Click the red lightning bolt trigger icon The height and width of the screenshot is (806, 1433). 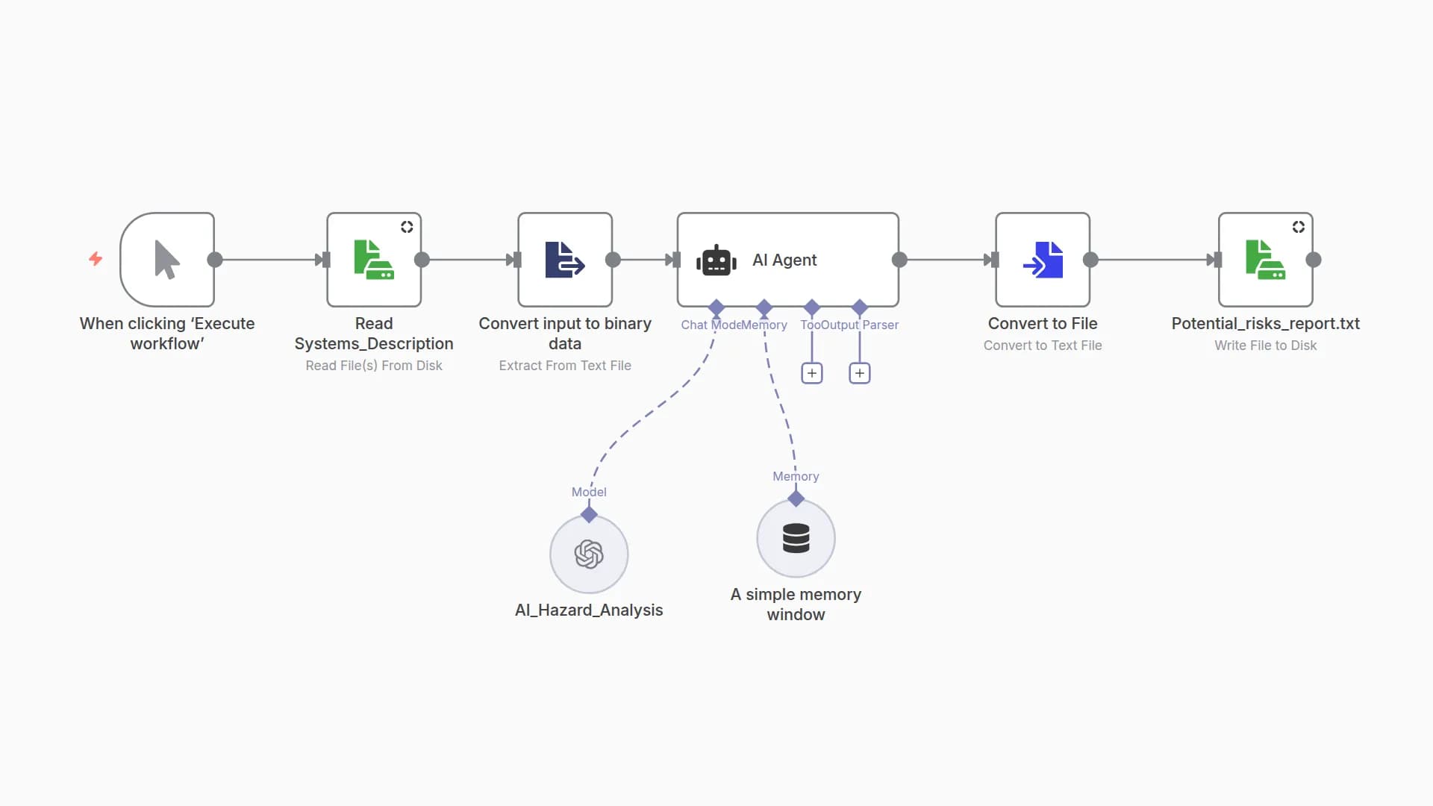(96, 259)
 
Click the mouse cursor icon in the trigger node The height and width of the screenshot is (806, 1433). (166, 260)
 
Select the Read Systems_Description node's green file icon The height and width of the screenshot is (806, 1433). (373, 260)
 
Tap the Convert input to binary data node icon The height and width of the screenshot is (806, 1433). (564, 260)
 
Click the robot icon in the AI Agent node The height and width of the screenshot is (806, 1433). (716, 260)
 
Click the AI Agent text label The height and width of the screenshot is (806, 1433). (784, 260)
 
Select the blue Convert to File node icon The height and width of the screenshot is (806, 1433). (1043, 260)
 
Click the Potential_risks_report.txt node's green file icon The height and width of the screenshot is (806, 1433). (1265, 260)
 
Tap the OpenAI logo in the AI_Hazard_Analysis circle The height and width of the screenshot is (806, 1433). (589, 554)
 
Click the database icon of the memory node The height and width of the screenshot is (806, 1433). (796, 538)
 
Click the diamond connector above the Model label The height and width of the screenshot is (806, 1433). (589, 514)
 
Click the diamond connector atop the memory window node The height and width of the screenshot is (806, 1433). (796, 499)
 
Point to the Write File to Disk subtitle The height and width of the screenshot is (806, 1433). (1265, 346)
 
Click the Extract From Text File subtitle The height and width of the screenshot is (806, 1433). (565, 366)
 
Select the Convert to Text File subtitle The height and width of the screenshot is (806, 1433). (1043, 346)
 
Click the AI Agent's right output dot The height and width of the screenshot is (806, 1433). (899, 260)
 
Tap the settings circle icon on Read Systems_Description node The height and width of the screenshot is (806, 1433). (407, 227)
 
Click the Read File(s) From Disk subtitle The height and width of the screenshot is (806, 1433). (374, 366)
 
